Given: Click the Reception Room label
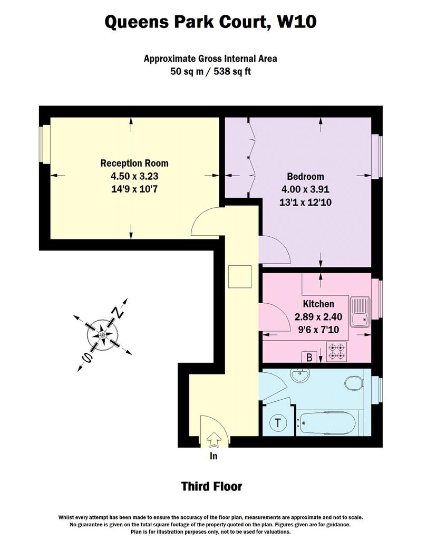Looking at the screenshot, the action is pyautogui.click(x=134, y=163).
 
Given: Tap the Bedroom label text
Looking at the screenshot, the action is pyautogui.click(x=305, y=176).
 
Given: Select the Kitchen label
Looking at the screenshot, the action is pyautogui.click(x=318, y=304).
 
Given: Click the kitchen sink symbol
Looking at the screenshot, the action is pyautogui.click(x=360, y=312).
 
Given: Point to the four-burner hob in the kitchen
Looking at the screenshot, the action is pyautogui.click(x=336, y=352).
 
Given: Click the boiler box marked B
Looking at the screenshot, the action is pyautogui.click(x=309, y=357).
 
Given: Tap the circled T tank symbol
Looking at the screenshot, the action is pyautogui.click(x=278, y=422).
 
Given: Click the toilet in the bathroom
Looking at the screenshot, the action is pyautogui.click(x=354, y=383).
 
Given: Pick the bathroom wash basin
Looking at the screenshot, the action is pyautogui.click(x=300, y=375).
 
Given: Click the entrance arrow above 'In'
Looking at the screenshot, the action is pyautogui.click(x=214, y=439).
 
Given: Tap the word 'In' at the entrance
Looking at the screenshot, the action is pyautogui.click(x=213, y=456).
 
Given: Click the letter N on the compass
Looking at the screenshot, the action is pyautogui.click(x=118, y=312).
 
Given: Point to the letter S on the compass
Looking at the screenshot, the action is pyautogui.click(x=87, y=358).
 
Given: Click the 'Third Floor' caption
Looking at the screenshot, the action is pyautogui.click(x=211, y=486).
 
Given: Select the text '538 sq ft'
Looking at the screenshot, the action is pyautogui.click(x=232, y=71).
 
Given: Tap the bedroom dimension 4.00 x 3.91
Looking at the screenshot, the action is pyautogui.click(x=305, y=189).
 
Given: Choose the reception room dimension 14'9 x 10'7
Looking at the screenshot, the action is pyautogui.click(x=134, y=189).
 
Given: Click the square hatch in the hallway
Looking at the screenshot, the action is pyautogui.click(x=240, y=276).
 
